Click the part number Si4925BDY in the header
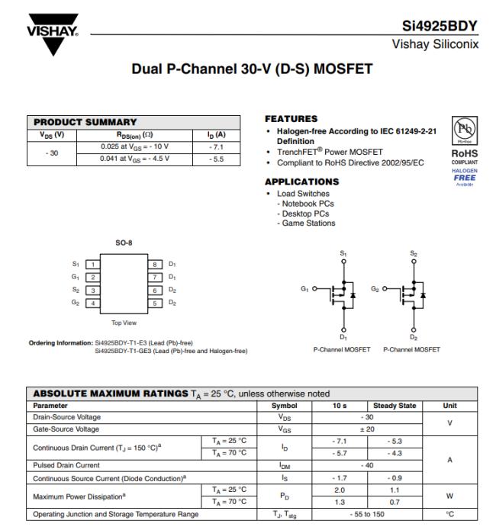pyautogui.click(x=440, y=26)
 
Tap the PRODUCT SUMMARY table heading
pyautogui.click(x=85, y=122)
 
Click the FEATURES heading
pyautogui.click(x=291, y=119)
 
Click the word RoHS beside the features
pyautogui.click(x=464, y=153)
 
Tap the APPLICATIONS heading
pyautogui.click(x=301, y=182)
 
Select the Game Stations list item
pyautogui.click(x=308, y=223)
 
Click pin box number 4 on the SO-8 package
pyautogui.click(x=93, y=304)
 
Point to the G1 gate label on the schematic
pyautogui.click(x=305, y=291)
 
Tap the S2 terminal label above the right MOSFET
pyautogui.click(x=414, y=253)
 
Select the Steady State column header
pyautogui.click(x=395, y=406)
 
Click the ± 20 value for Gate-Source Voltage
pyautogui.click(x=368, y=429)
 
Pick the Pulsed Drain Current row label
pyautogui.click(x=66, y=464)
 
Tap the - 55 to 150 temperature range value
pyautogui.click(x=368, y=514)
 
